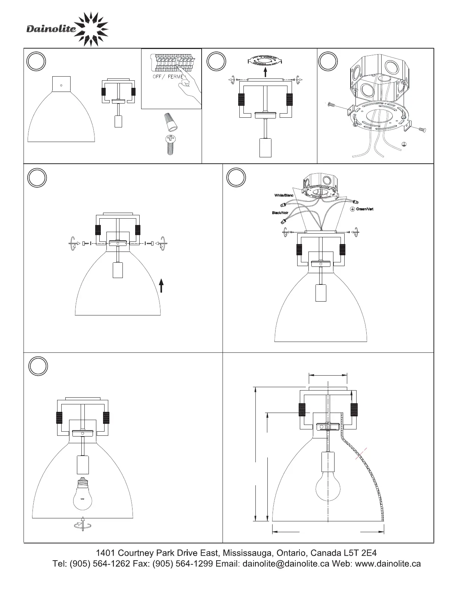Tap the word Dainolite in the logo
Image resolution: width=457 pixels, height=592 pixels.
point(51,29)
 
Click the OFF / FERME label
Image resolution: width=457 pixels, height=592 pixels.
point(168,77)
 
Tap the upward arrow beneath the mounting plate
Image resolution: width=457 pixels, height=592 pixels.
point(265,72)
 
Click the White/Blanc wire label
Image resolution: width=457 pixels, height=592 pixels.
point(284,195)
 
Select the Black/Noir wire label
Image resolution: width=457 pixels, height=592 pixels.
point(280,213)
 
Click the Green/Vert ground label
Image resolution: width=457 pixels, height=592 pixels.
point(364,209)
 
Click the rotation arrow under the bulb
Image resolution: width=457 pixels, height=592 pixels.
point(83,524)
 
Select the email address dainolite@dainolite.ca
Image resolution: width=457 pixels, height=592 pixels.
point(286,564)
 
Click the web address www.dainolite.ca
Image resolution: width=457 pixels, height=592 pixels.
point(388,564)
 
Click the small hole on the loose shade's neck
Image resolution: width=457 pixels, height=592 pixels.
point(61,84)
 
